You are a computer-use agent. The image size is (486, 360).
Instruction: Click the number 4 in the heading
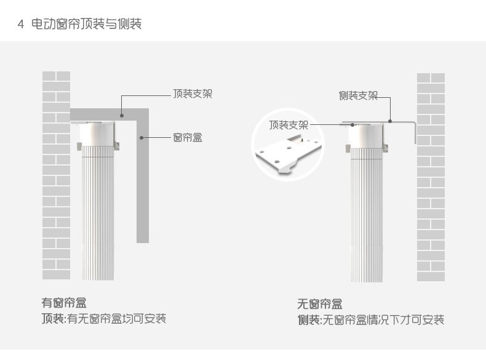pyautogui.click(x=20, y=25)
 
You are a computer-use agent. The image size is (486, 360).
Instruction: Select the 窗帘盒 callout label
pyautogui.click(x=188, y=137)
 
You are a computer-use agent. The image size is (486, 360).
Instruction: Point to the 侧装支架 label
pyautogui.click(x=358, y=95)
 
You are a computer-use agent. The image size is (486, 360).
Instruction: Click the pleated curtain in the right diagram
pyautogui.click(x=367, y=215)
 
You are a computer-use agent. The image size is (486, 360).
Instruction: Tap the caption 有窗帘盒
pyautogui.click(x=63, y=303)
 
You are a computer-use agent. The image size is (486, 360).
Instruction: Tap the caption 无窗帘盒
pyautogui.click(x=320, y=304)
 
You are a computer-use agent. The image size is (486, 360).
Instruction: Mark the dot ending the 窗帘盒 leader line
pyautogui.click(x=142, y=137)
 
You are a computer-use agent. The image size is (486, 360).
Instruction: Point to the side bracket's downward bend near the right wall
pyautogui.click(x=415, y=133)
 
